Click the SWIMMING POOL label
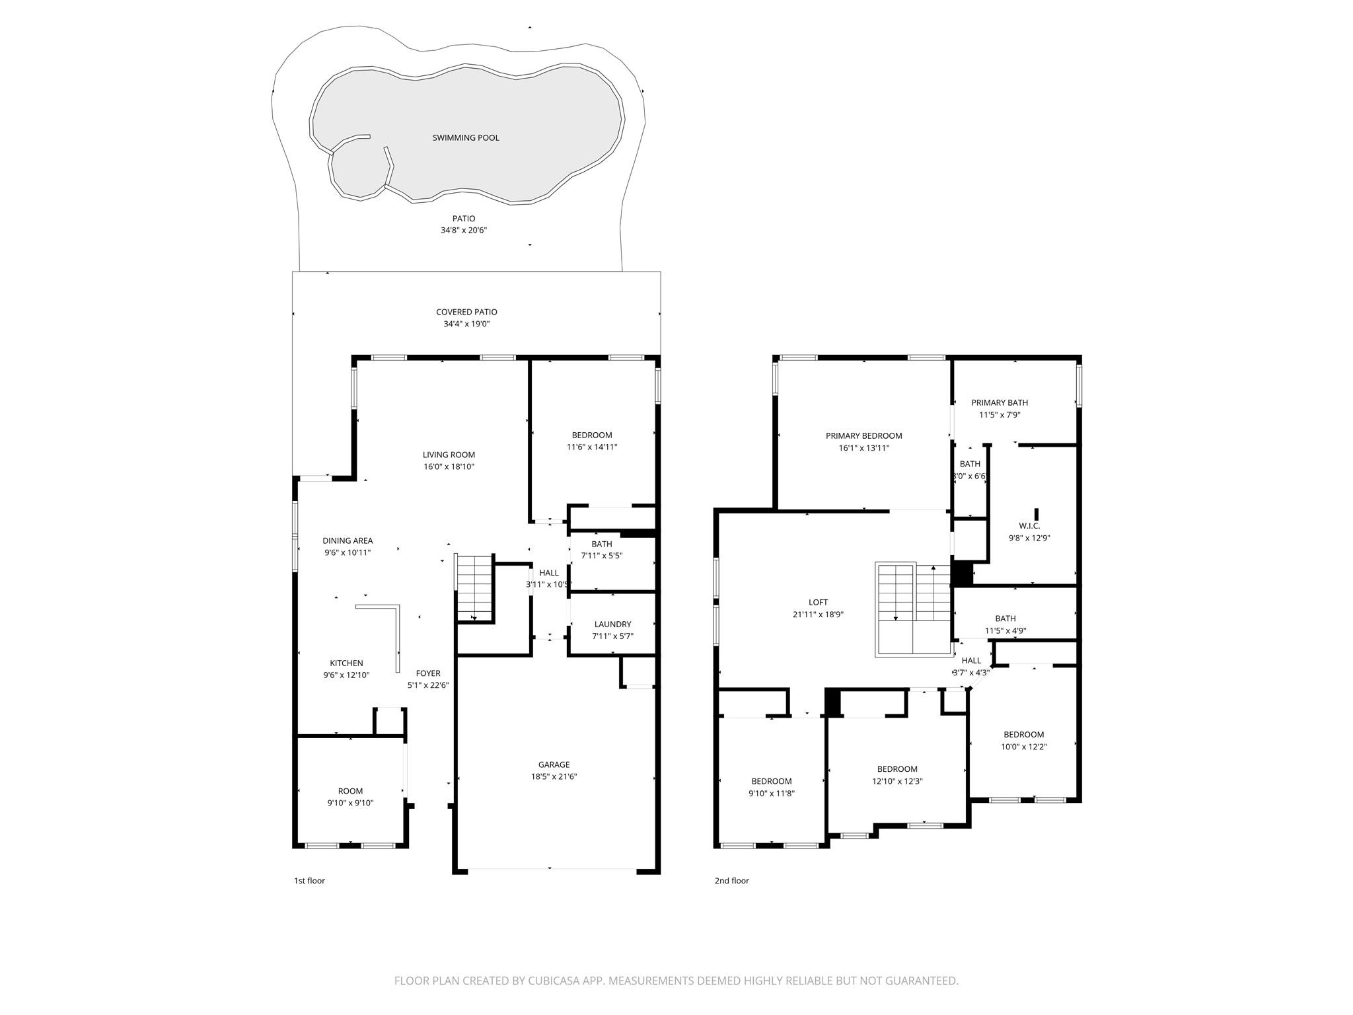tap(466, 137)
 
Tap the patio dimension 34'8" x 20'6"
tap(464, 231)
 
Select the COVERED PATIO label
tap(466, 312)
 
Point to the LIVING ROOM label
tap(449, 455)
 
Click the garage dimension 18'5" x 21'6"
tap(554, 776)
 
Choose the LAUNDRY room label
tap(612, 624)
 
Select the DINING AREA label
tap(347, 541)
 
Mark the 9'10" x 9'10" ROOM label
tap(350, 791)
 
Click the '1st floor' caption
tap(309, 880)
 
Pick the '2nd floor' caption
tap(731, 880)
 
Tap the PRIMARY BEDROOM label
tap(863, 435)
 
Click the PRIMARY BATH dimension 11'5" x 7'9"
tap(1000, 415)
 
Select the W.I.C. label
tap(1029, 525)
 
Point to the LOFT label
tap(818, 602)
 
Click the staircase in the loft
tap(914, 609)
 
